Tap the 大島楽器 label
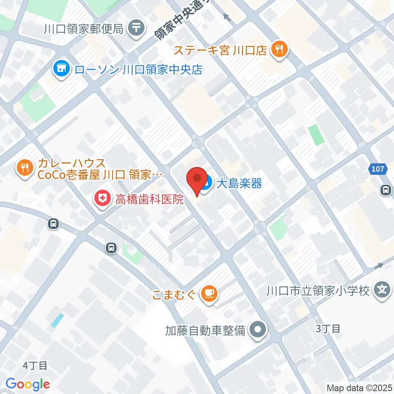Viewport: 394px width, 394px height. (x=239, y=183)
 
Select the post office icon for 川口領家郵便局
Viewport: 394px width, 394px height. (x=136, y=28)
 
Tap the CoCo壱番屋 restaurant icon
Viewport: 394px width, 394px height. (x=25, y=167)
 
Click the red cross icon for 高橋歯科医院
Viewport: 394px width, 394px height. (x=101, y=200)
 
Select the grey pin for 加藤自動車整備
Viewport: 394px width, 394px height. (x=258, y=329)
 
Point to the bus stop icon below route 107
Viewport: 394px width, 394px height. (x=385, y=190)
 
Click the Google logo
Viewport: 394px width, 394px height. (x=27, y=384)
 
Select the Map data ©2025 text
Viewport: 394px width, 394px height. (x=360, y=387)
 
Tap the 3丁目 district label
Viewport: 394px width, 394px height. (x=328, y=328)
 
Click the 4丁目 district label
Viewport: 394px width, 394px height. (x=35, y=365)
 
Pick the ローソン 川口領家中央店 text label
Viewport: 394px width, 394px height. (x=139, y=69)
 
